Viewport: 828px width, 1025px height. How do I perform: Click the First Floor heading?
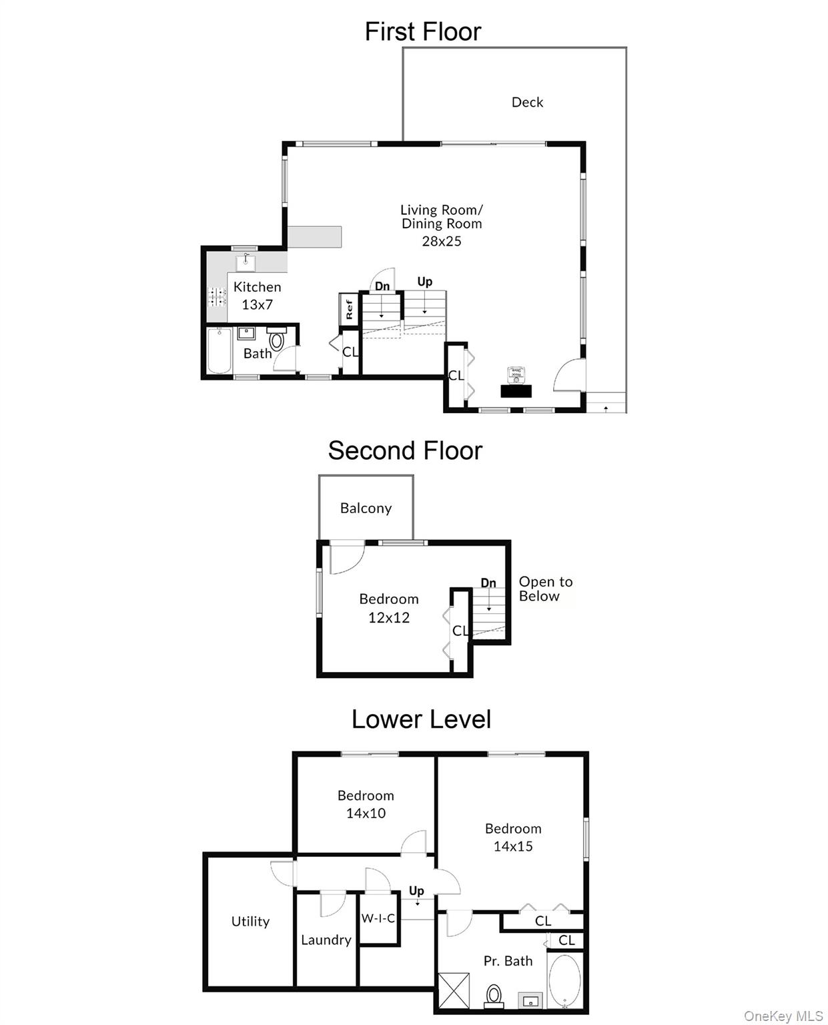coord(422,31)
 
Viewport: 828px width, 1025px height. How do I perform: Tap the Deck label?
coord(527,102)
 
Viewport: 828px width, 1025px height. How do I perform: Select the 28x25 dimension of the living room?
coord(441,241)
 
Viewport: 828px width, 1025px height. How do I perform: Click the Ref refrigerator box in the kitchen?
coord(348,309)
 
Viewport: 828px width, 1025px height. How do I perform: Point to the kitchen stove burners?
coord(216,296)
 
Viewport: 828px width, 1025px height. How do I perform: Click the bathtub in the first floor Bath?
coord(219,351)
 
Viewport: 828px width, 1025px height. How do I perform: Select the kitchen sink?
coord(246,262)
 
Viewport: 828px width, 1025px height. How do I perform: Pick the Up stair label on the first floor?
coord(424,282)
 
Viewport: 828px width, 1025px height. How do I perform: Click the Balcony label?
coord(366,508)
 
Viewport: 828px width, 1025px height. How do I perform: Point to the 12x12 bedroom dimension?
coord(389,617)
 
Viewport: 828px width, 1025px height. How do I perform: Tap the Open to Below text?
coord(545,589)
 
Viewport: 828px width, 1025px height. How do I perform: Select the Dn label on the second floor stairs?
coord(488,583)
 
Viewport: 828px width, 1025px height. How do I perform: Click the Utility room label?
coord(250,921)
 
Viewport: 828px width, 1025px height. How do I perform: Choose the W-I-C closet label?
coord(378,918)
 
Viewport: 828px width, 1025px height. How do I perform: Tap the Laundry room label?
coord(326,940)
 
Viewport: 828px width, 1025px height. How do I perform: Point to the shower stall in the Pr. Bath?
coord(454,990)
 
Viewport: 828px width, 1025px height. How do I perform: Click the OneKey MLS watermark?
coord(783,1016)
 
